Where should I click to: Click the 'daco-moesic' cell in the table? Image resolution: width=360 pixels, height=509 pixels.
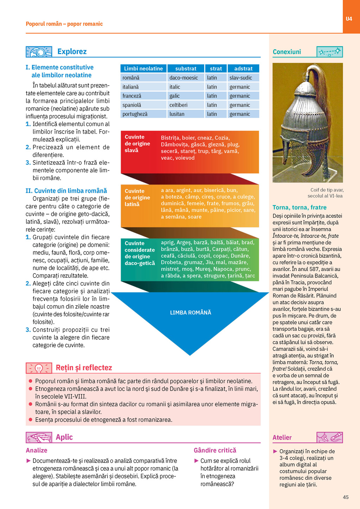(x=184, y=78)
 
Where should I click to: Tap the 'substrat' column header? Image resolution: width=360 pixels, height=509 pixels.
(x=186, y=69)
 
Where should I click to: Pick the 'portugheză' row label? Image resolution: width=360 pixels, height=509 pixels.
(x=135, y=114)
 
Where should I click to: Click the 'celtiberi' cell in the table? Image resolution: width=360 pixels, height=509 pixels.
(x=178, y=105)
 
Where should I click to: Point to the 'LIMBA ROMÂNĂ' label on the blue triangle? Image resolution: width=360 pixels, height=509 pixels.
(x=191, y=313)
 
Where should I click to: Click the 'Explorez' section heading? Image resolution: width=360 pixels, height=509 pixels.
(x=72, y=51)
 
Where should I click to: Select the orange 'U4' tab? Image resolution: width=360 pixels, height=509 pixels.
(x=349, y=19)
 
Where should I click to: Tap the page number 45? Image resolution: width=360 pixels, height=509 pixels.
(x=346, y=497)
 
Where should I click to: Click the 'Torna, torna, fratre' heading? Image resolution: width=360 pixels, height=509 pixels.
(x=300, y=207)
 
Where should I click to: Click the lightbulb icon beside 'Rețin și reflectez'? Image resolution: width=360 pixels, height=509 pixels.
(x=39, y=368)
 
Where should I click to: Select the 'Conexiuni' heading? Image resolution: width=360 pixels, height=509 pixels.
(x=287, y=52)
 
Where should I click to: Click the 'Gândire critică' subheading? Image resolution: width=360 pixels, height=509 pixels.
(x=215, y=450)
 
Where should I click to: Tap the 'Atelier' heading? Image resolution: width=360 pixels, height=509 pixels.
(x=282, y=438)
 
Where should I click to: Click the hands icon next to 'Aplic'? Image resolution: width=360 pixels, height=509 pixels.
(x=39, y=438)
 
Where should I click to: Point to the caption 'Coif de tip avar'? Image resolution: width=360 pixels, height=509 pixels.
(x=327, y=190)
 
